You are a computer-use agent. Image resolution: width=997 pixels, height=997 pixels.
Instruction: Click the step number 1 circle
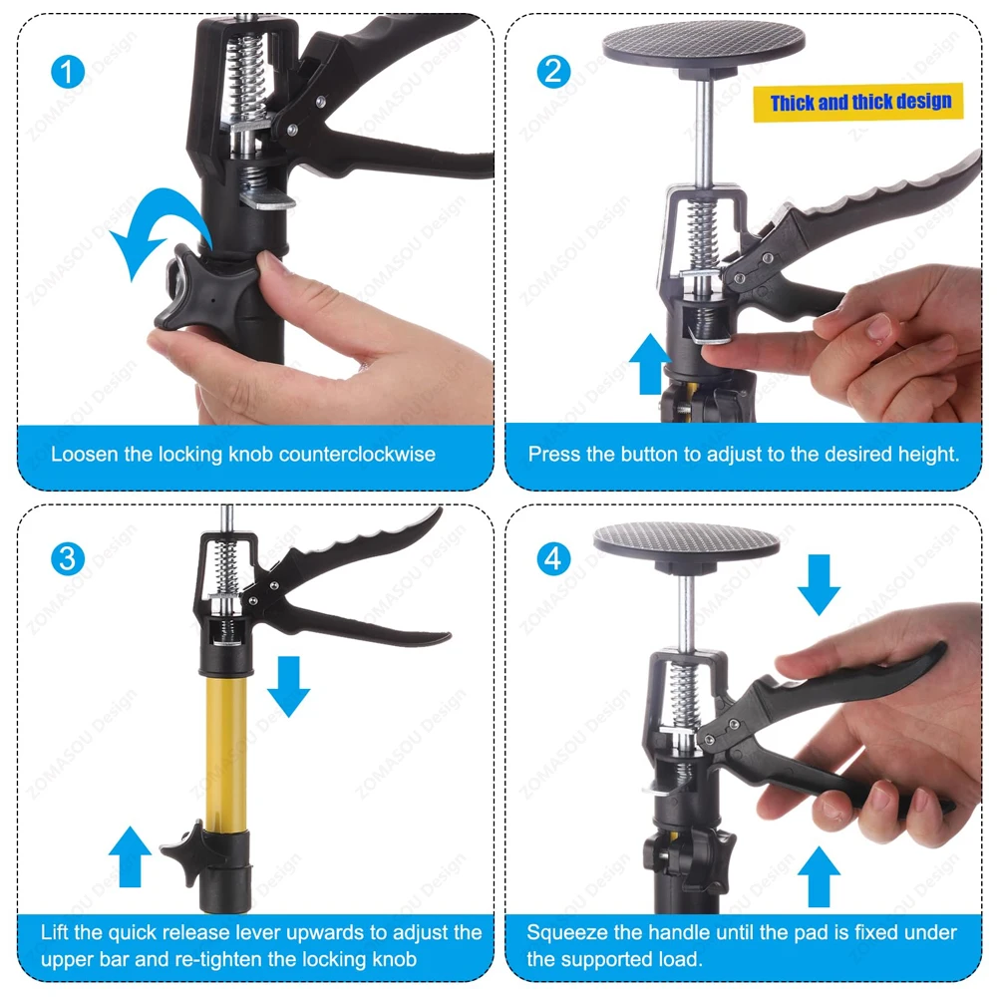click(x=68, y=71)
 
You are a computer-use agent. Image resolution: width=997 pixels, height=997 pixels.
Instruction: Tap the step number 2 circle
click(x=553, y=71)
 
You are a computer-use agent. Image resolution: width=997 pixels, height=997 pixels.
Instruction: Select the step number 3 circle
click(x=68, y=559)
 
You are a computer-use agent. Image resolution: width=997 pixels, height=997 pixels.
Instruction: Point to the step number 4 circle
click(x=553, y=559)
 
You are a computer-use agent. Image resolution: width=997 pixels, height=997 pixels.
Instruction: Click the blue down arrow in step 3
click(x=289, y=687)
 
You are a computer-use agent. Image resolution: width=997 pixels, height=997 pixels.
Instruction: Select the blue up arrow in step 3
click(x=130, y=856)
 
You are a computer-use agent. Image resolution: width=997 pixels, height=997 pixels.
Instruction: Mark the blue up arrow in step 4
click(x=819, y=876)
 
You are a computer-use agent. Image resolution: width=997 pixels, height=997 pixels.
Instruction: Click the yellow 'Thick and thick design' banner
click(x=858, y=102)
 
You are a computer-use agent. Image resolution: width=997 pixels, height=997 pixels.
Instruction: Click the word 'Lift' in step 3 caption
click(x=55, y=932)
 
